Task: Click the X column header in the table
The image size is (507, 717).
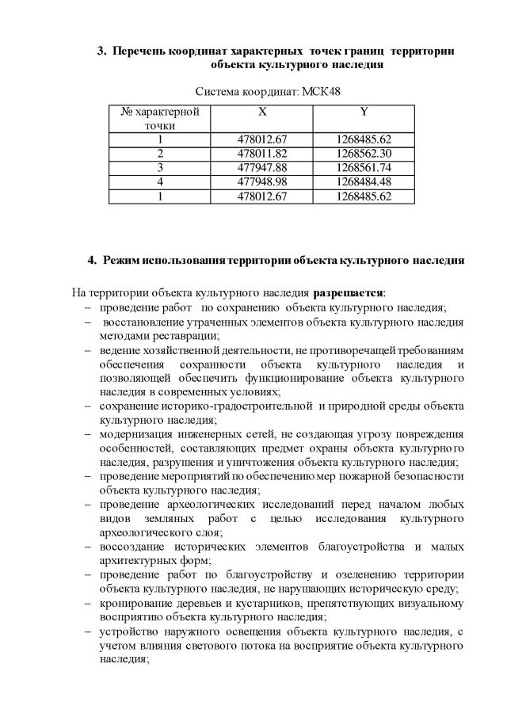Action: point(262,112)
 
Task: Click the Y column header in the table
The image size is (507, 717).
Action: point(364,112)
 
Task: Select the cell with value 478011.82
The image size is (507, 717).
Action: point(262,153)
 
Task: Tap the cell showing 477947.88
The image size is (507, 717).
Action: point(262,167)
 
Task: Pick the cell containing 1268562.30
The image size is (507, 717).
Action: point(364,153)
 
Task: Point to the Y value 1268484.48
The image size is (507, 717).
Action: point(364,181)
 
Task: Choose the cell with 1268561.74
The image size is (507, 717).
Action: point(364,167)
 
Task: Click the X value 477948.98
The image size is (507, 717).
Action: point(262,181)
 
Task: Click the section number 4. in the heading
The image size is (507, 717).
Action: point(92,260)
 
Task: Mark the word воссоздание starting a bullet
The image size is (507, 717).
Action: point(132,547)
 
